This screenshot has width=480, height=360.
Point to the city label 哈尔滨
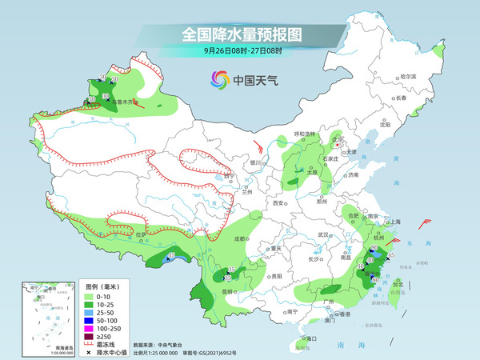408,76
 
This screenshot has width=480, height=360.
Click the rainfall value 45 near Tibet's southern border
170,256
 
